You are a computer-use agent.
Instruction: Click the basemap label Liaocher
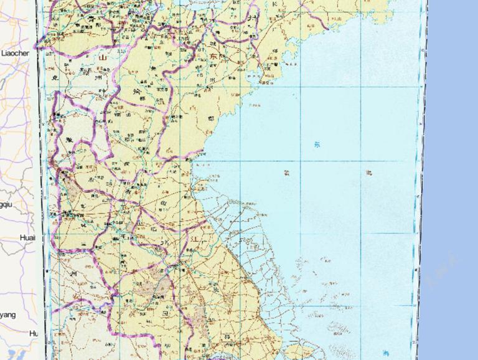point(15,54)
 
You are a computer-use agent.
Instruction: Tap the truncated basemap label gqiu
point(6,204)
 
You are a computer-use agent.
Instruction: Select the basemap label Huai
point(27,237)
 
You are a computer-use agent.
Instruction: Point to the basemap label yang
point(8,315)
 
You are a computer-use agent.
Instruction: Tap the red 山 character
point(103,57)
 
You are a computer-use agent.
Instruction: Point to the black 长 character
point(275,4)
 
